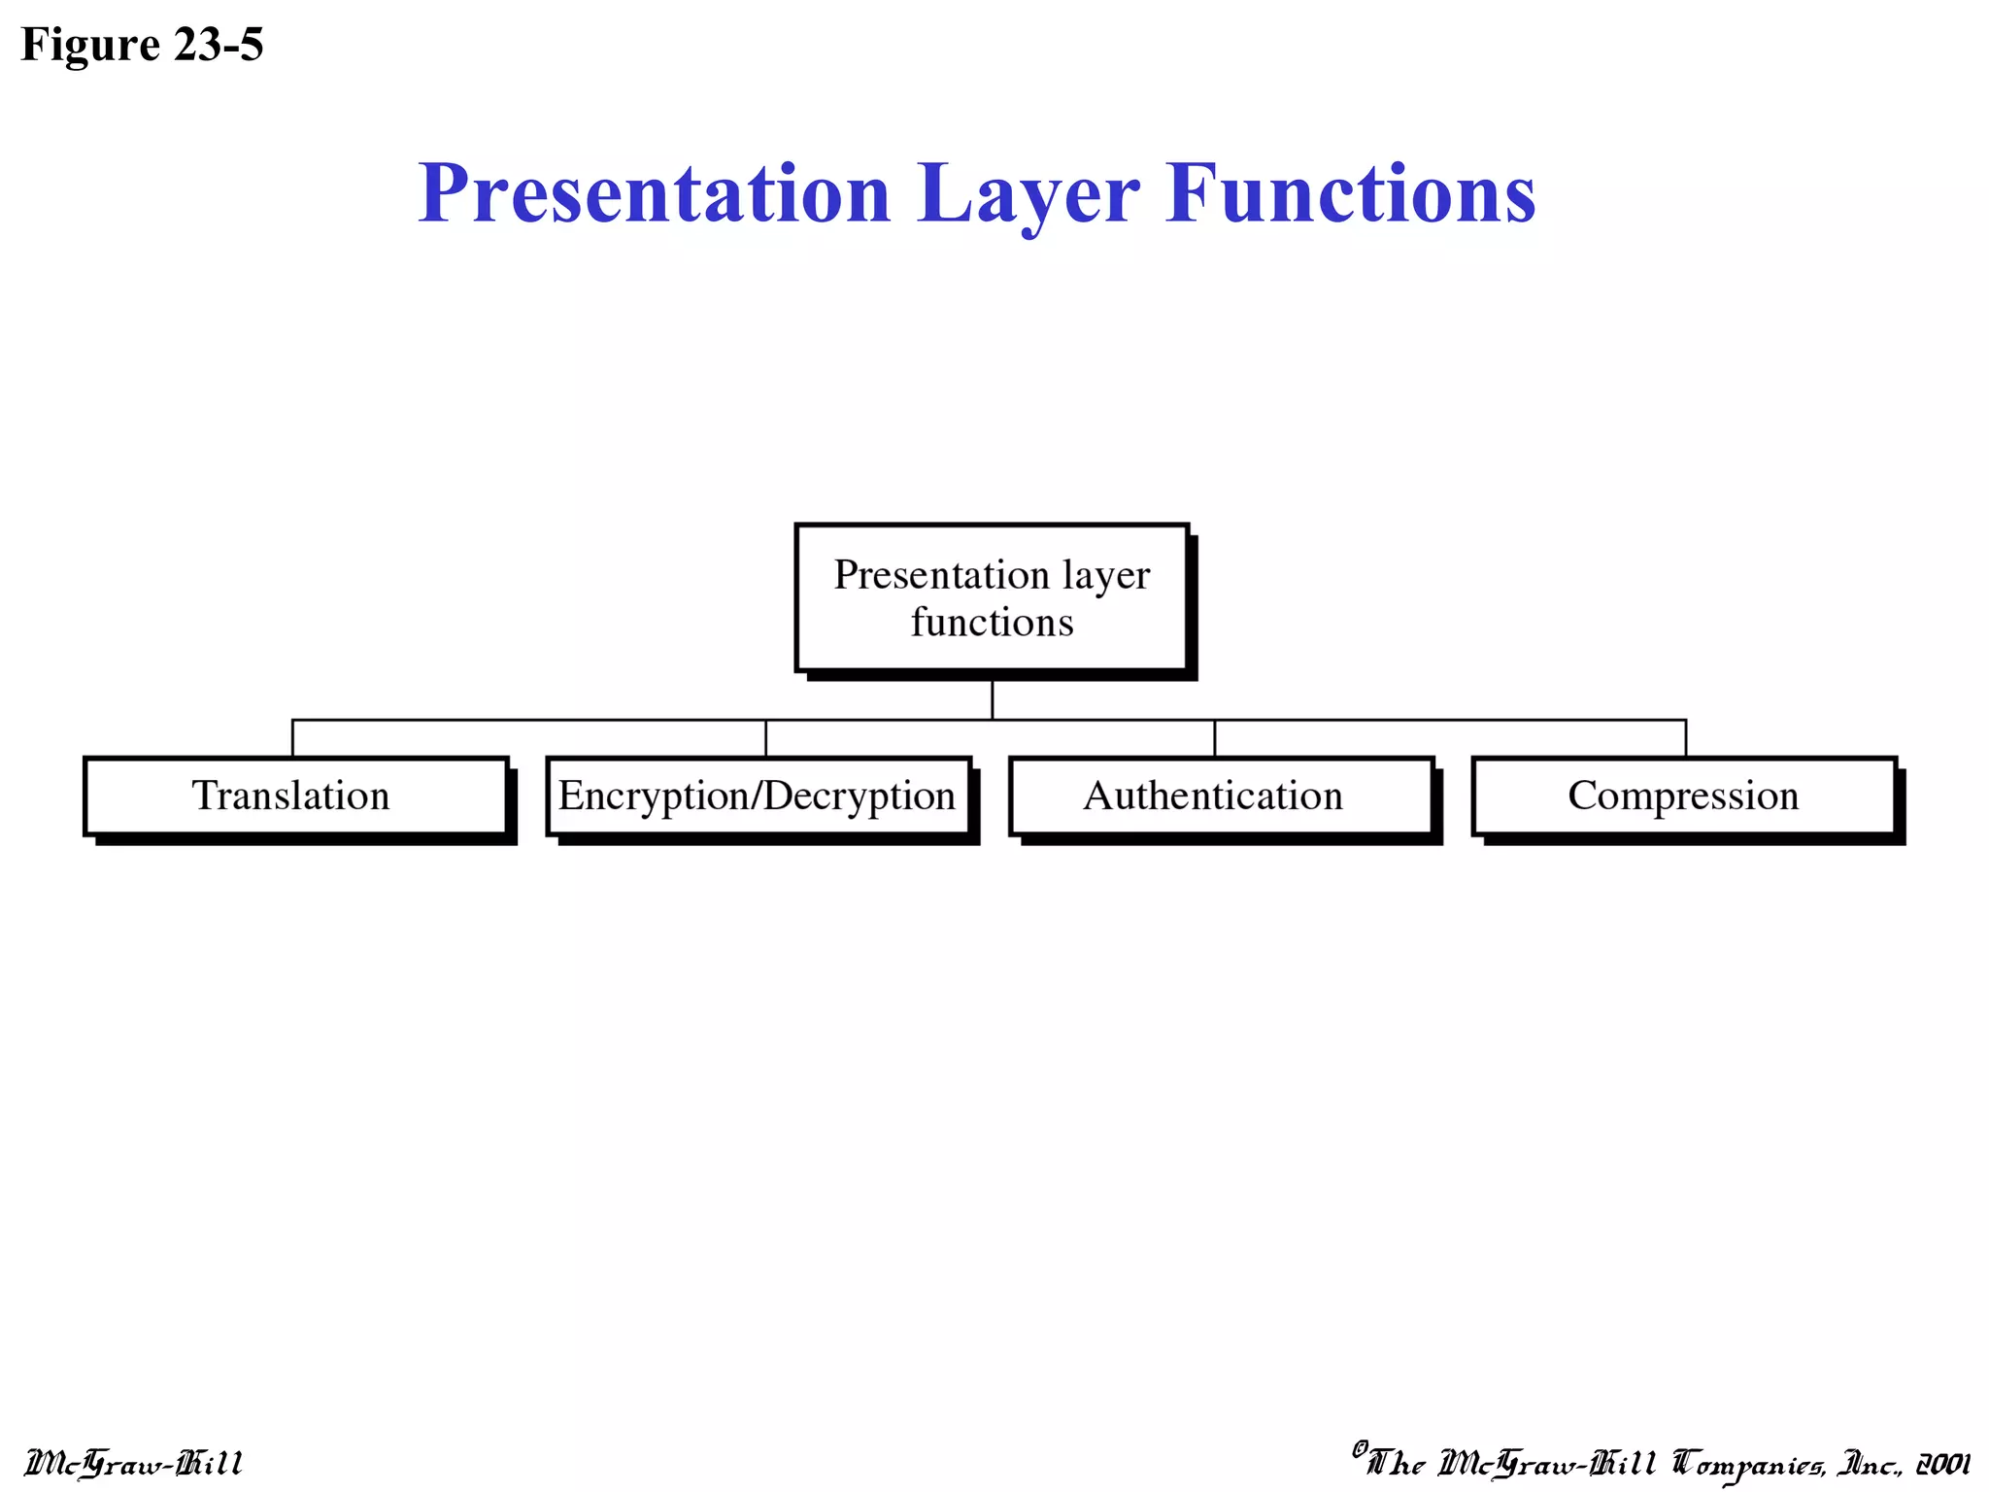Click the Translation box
(295, 796)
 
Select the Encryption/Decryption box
(758, 796)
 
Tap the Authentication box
(1221, 796)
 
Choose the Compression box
(1683, 796)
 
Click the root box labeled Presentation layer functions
(992, 596)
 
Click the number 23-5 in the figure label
(219, 45)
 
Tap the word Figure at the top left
(90, 45)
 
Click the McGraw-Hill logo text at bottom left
(133, 1463)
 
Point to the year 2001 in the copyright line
(1941, 1463)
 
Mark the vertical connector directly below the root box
(992, 699)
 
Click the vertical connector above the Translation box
(292, 738)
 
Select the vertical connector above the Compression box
(1685, 738)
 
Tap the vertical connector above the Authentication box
(1214, 738)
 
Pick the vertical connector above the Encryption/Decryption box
(765, 738)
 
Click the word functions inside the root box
(992, 622)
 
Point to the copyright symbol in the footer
(1360, 1448)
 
